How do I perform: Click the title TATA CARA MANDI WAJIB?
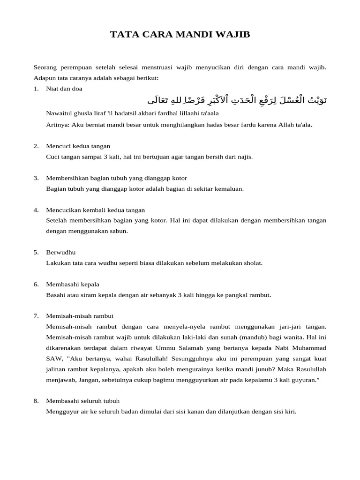click(180, 35)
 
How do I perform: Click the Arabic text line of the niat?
click(237, 100)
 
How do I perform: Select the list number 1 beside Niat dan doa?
click(36, 89)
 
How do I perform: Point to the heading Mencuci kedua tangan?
click(78, 146)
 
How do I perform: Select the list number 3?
click(36, 178)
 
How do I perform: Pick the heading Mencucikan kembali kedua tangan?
click(96, 210)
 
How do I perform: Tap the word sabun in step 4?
click(120, 231)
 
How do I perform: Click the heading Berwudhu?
click(61, 252)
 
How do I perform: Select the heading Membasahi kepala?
click(73, 284)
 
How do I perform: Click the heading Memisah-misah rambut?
click(80, 316)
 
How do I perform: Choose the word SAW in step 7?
click(54, 358)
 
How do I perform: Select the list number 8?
click(36, 401)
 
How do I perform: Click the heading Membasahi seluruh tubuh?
click(83, 401)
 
